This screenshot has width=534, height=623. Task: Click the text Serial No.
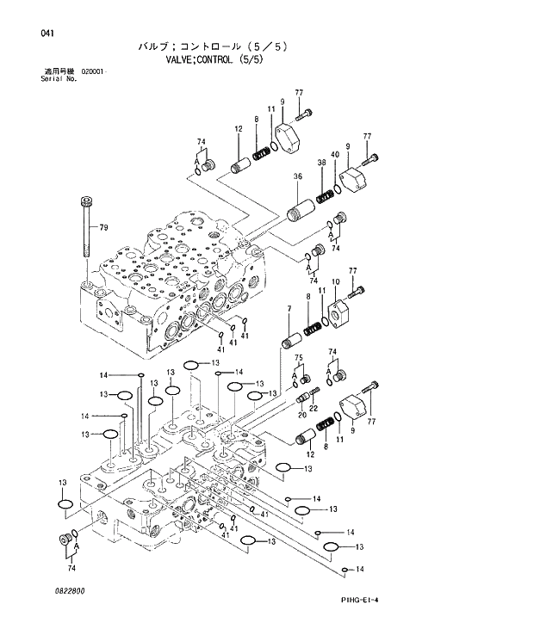(x=59, y=78)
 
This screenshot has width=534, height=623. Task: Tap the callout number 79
(x=103, y=227)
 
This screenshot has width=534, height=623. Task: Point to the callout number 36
(x=297, y=177)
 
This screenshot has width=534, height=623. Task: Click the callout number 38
(x=321, y=163)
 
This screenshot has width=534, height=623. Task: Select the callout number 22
(x=314, y=407)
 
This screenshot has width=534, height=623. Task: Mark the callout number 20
(x=302, y=414)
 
